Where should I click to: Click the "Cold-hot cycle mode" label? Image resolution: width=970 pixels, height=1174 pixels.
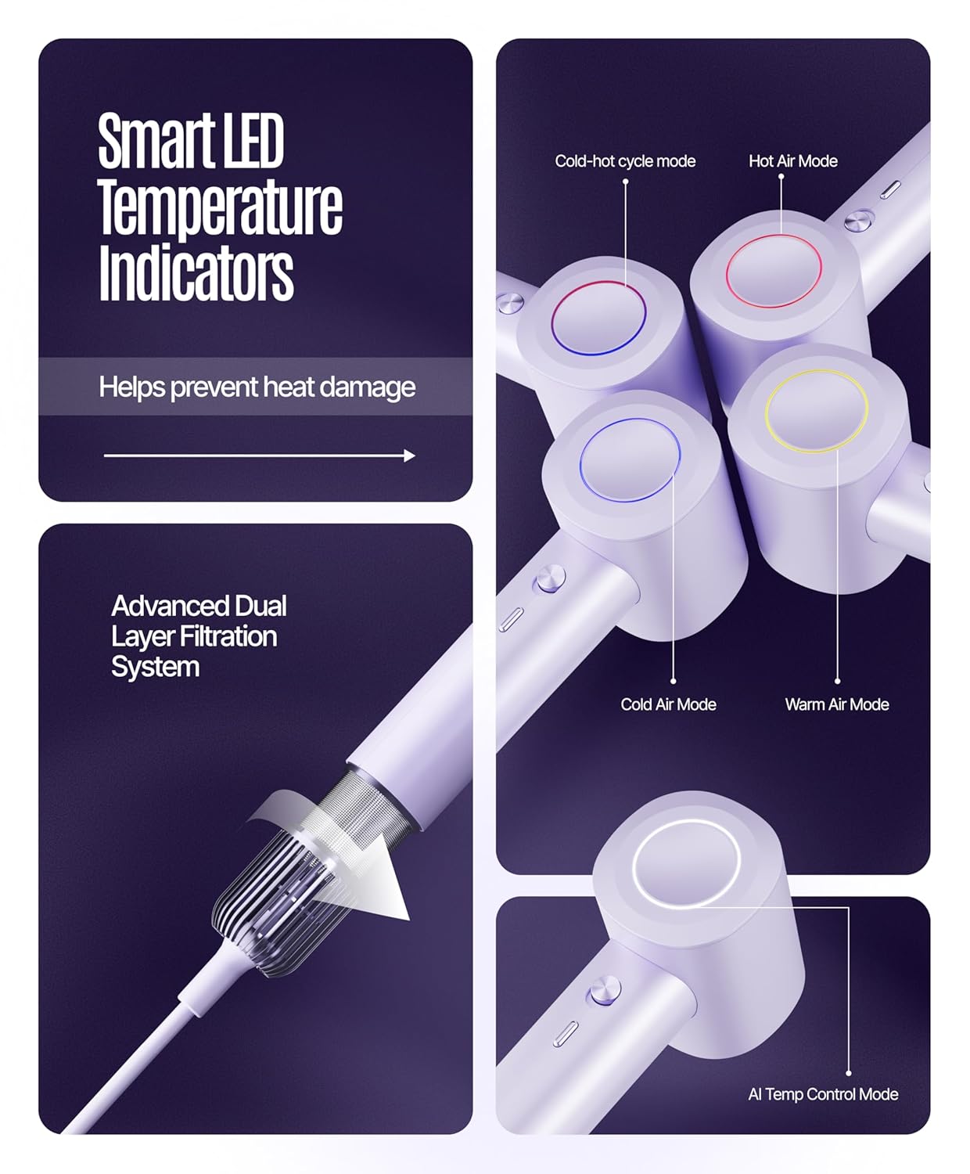[625, 161]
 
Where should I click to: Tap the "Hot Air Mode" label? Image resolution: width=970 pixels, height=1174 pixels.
[793, 161]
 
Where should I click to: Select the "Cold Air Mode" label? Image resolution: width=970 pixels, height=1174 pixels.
[668, 704]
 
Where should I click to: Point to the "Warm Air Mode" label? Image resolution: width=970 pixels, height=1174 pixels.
[837, 704]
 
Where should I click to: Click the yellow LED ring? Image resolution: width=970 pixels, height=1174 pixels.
[816, 372]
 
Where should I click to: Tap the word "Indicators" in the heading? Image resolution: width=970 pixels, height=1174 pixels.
[196, 274]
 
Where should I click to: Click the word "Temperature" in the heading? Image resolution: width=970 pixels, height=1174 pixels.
[221, 207]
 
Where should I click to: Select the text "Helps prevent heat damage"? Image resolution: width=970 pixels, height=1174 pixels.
[257, 388]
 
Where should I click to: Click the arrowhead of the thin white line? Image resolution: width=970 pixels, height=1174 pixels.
[410, 456]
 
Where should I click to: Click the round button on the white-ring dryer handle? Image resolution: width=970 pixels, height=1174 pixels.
[605, 992]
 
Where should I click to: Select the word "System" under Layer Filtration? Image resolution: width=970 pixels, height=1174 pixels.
[155, 668]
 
